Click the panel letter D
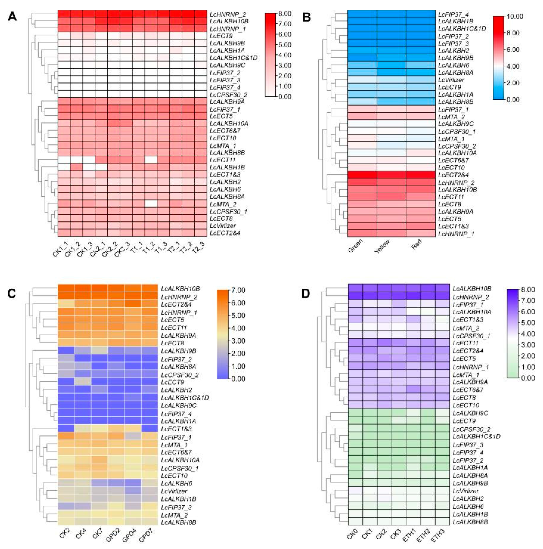305,294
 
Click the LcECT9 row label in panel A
221,36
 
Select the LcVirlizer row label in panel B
451,80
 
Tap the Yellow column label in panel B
382,246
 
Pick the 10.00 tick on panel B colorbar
515,17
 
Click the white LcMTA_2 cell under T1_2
151,204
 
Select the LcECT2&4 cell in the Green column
362,174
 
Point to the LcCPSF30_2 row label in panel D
471,429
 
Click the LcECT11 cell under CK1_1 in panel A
64,160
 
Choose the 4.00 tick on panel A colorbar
285,55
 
